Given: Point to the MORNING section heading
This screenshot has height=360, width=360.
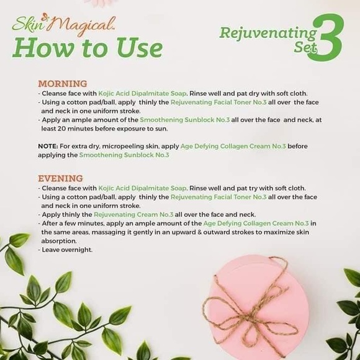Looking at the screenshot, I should pyautogui.click(x=63, y=84).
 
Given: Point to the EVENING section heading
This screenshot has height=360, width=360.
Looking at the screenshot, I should pyautogui.click(x=60, y=178).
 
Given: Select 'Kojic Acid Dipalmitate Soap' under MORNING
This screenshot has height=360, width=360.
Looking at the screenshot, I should pyautogui.click(x=142, y=93).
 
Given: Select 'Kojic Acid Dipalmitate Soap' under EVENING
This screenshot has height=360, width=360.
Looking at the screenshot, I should pyautogui.click(x=142, y=187).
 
